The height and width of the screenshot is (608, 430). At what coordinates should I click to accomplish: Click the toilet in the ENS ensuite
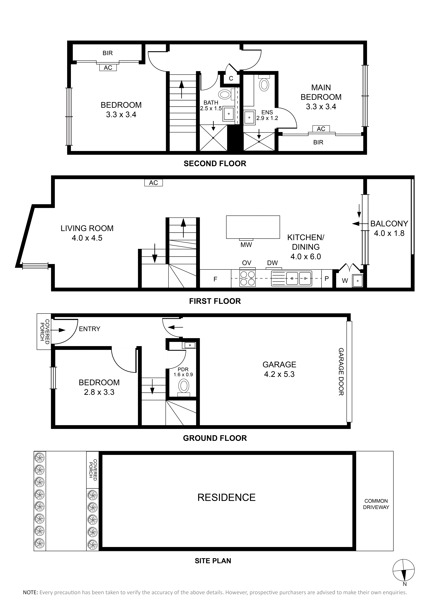264,83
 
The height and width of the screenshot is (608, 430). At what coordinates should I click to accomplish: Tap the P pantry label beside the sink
327,279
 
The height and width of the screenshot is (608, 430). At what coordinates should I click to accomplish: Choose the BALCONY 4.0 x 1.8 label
389,228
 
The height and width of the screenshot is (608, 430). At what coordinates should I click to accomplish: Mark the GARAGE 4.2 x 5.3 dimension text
279,369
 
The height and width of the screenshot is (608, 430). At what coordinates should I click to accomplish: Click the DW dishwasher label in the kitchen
272,263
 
